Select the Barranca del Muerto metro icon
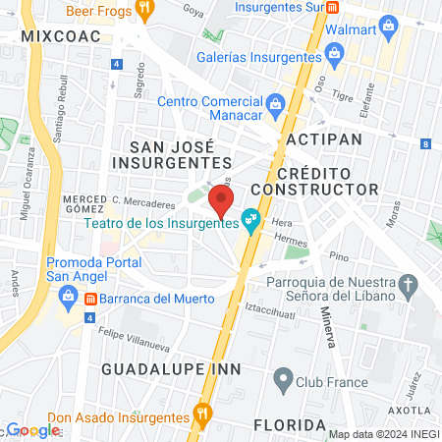pyautogui.click(x=89, y=298)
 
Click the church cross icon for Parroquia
pyautogui.click(x=409, y=284)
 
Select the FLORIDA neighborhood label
pyautogui.click(x=289, y=424)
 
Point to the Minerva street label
pyautogui.click(x=327, y=327)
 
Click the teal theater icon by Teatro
pyautogui.click(x=251, y=222)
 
